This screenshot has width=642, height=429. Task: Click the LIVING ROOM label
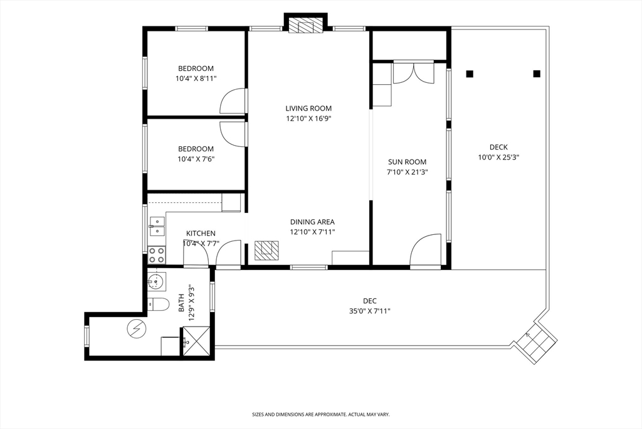pyautogui.click(x=308, y=108)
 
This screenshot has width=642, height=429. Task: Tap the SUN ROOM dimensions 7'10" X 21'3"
pyautogui.click(x=408, y=172)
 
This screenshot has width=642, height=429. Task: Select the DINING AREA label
pyautogui.click(x=312, y=222)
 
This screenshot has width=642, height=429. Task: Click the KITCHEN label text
pyautogui.click(x=201, y=234)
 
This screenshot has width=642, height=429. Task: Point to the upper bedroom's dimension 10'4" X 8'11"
pyautogui.click(x=196, y=79)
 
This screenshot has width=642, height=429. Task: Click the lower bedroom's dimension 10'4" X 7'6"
pyautogui.click(x=196, y=159)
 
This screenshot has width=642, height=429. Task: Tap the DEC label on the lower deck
pyautogui.click(x=370, y=301)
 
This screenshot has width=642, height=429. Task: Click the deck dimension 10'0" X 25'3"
pyautogui.click(x=498, y=157)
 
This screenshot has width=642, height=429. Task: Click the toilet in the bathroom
pyautogui.click(x=158, y=304)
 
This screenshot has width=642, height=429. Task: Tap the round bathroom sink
pyautogui.click(x=155, y=281)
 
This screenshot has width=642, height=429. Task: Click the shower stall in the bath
pyautogui.click(x=196, y=342)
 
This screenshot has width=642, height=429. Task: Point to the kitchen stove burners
pyautogui.click(x=156, y=255)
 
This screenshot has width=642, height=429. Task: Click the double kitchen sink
pyautogui.click(x=157, y=227)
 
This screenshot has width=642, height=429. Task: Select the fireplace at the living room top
pyautogui.click(x=305, y=25)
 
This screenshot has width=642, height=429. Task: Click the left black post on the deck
pyautogui.click(x=470, y=74)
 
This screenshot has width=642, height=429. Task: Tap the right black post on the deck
pyautogui.click(x=537, y=74)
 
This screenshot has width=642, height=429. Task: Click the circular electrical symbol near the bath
pyautogui.click(x=136, y=329)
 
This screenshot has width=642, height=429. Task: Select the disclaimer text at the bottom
pyautogui.click(x=320, y=415)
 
